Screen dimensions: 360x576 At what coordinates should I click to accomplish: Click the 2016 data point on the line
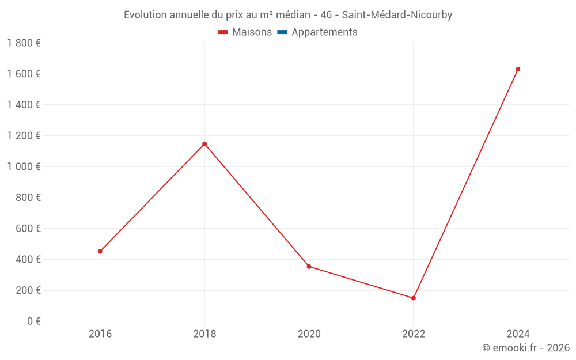[100, 251]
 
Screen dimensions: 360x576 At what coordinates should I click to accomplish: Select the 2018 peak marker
[204, 143]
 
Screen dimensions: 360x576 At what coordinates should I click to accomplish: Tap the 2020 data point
[309, 266]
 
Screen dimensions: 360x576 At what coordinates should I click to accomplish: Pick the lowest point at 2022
[414, 298]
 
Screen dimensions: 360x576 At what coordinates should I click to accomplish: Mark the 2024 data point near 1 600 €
[518, 69]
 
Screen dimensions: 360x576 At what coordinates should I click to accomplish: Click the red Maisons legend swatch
[223, 32]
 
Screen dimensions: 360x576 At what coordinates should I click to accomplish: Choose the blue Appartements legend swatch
[282, 32]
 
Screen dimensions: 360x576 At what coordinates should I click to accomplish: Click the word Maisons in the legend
[252, 32]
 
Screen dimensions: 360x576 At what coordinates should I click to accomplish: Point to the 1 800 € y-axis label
[24, 43]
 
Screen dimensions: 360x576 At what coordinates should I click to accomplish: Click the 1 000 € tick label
[24, 166]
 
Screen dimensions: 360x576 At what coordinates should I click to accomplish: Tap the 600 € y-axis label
[27, 228]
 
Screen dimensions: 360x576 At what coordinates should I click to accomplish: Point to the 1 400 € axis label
[24, 104]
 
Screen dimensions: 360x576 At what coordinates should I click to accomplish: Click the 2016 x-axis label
[100, 334]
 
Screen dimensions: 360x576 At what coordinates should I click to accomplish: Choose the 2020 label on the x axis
[309, 334]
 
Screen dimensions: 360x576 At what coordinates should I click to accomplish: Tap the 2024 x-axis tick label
[518, 334]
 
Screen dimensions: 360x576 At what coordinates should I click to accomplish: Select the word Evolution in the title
[145, 15]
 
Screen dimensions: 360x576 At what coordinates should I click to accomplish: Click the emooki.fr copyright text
[526, 347]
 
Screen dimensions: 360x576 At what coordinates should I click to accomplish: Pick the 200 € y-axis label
[27, 290]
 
